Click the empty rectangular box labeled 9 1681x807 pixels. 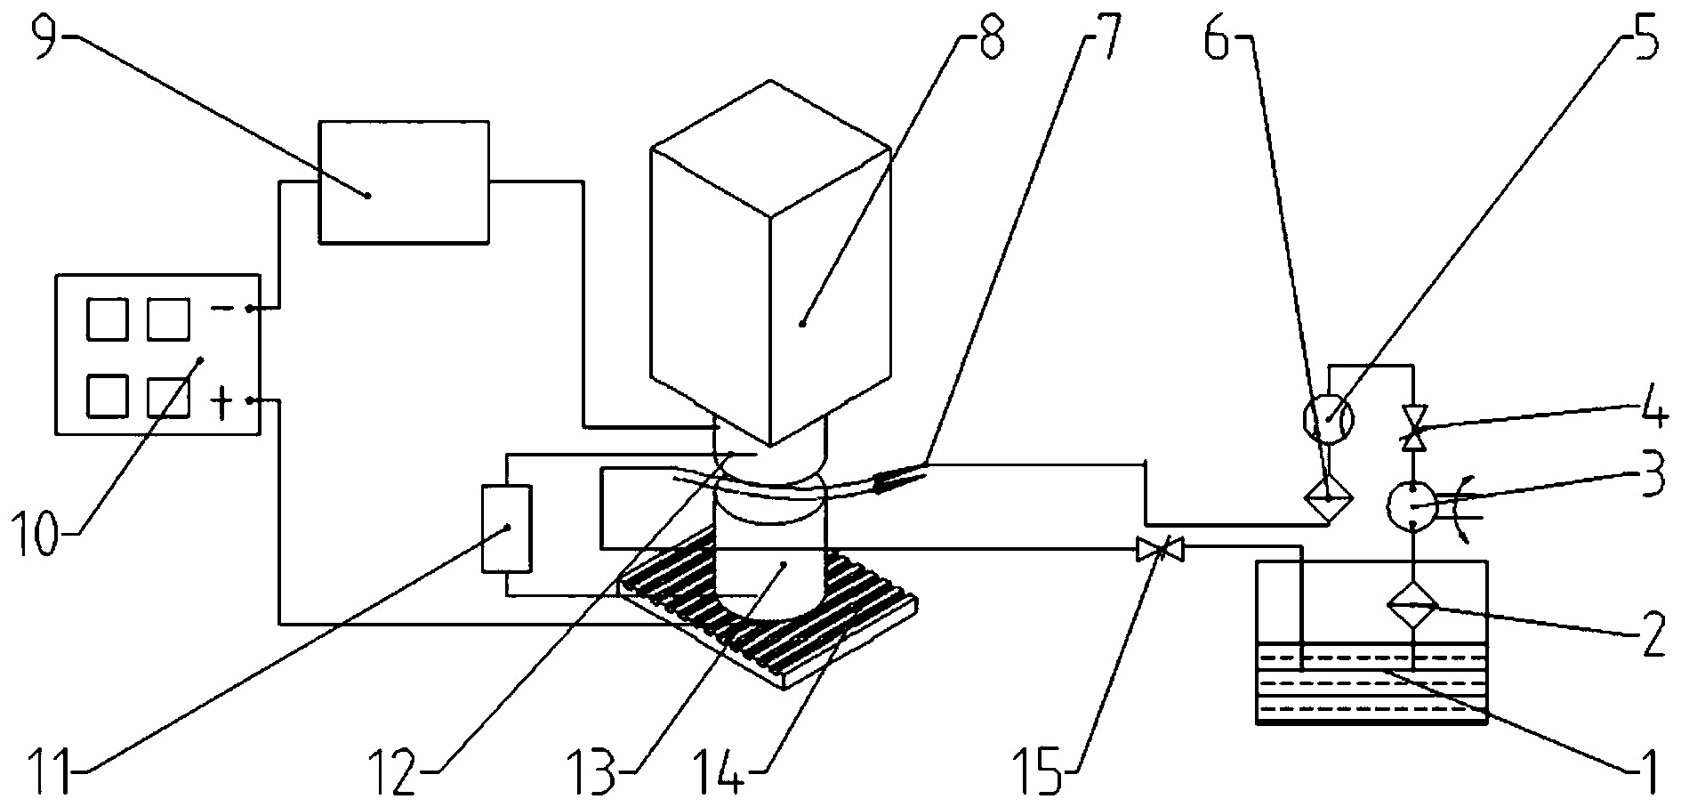pyautogui.click(x=404, y=182)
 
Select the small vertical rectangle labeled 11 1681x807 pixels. pyautogui.click(x=506, y=528)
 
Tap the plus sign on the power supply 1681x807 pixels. pyautogui.click(x=221, y=402)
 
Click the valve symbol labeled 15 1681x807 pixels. pyautogui.click(x=1160, y=550)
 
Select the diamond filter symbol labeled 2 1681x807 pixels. pyautogui.click(x=1413, y=607)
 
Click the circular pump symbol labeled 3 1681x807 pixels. pyautogui.click(x=1412, y=504)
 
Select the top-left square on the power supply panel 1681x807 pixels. pyautogui.click(x=108, y=319)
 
